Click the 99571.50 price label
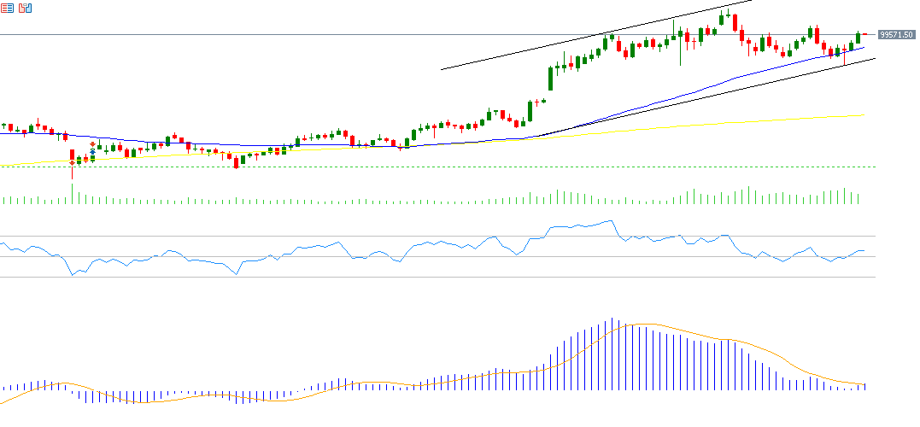pyautogui.click(x=897, y=35)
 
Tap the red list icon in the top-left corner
pyautogui.click(x=7, y=8)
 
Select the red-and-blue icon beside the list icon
pyautogui.click(x=25, y=8)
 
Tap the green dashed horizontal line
pyautogui.click(x=427, y=167)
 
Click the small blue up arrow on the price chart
pyautogui.click(x=92, y=151)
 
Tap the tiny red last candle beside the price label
pyautogui.click(x=864, y=34)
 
